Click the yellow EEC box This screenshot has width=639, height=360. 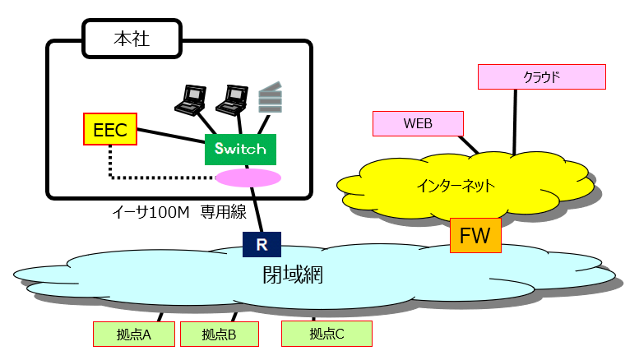(x=110, y=129)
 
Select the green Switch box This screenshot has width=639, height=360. (x=240, y=150)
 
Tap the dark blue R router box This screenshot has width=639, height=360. (x=262, y=244)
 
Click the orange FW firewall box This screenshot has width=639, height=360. (x=475, y=236)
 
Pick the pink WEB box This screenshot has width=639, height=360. (x=418, y=123)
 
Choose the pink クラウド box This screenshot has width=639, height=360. (x=541, y=77)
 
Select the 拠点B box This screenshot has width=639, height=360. (x=220, y=334)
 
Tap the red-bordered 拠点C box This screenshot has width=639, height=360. (x=326, y=334)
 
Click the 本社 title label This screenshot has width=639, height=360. (x=132, y=39)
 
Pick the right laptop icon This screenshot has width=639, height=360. (x=232, y=98)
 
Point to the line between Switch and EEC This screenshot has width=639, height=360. (x=170, y=136)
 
